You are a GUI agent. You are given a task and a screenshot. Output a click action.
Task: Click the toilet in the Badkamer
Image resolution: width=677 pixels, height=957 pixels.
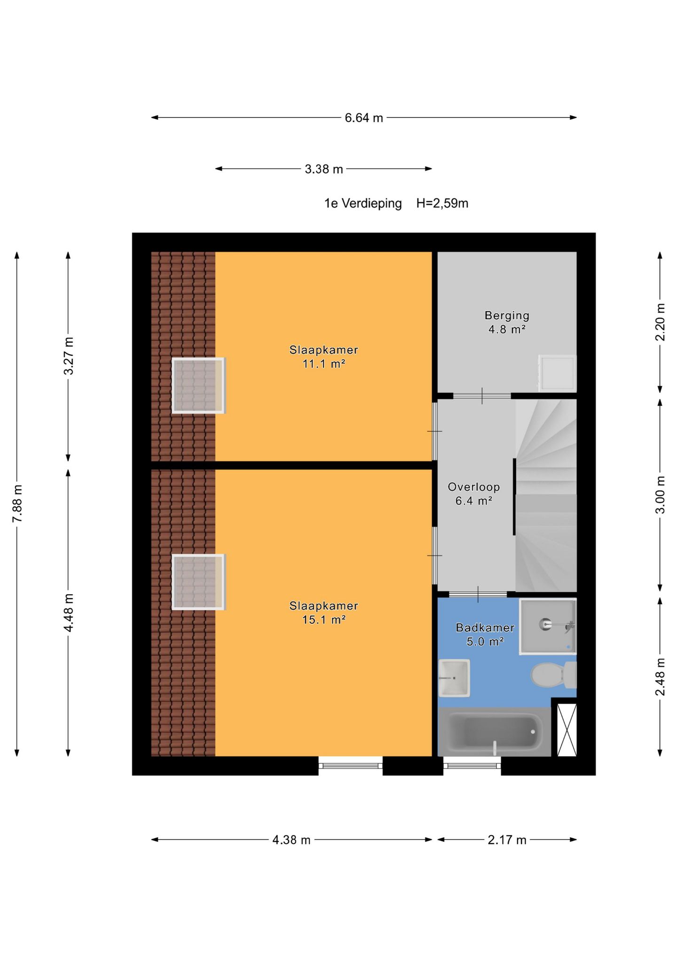(554, 675)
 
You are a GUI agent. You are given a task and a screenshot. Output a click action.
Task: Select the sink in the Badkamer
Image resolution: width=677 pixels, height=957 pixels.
(454, 678)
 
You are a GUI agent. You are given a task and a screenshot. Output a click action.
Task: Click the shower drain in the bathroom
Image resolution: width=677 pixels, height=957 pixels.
(545, 624)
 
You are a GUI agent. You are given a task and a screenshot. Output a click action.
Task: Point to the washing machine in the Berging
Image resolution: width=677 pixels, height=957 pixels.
(558, 373)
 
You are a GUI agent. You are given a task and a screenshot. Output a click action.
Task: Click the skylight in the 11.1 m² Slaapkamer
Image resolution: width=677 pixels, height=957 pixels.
(198, 385)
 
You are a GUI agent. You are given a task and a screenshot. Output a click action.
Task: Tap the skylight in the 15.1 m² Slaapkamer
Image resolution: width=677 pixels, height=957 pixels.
(198, 582)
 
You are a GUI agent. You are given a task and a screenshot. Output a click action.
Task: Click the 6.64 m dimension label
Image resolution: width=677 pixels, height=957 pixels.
(364, 118)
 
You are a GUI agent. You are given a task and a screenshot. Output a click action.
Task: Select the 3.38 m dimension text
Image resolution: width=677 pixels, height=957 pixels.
(324, 169)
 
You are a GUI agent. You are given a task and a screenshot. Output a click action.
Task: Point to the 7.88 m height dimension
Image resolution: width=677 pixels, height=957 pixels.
(17, 503)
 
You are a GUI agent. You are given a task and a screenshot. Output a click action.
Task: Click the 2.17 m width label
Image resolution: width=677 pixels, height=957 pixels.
(507, 840)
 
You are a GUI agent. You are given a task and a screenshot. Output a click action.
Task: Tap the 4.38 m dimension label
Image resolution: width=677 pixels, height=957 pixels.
(291, 840)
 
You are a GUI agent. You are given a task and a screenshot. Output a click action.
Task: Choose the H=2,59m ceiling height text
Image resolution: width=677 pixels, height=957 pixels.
(442, 204)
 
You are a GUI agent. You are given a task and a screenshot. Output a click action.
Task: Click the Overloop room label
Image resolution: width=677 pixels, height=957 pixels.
(473, 487)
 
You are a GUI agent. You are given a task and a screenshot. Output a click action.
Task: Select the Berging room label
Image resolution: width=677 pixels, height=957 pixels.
(507, 315)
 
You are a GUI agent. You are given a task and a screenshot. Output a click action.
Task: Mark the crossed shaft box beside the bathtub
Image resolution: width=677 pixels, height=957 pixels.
(567, 730)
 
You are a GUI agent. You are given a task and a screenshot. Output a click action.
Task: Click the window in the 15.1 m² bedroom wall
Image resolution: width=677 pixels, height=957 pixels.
(350, 766)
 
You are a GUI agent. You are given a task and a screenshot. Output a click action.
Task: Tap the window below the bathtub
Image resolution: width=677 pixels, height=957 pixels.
(472, 766)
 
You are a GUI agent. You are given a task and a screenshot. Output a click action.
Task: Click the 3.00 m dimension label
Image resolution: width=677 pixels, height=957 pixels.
(660, 495)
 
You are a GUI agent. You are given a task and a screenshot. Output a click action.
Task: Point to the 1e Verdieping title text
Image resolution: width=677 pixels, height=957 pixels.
(363, 204)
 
